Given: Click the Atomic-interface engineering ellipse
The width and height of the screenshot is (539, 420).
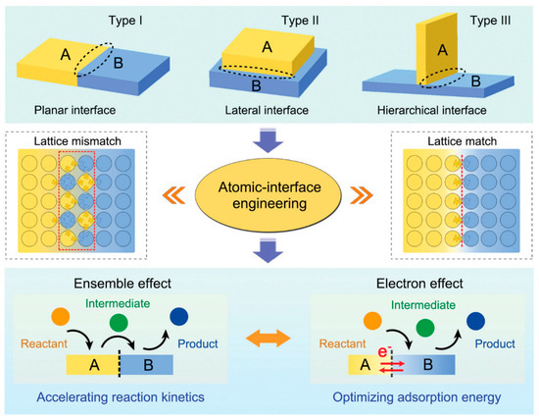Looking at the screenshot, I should (269, 191).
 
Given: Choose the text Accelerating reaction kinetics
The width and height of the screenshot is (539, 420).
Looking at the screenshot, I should (116, 397).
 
